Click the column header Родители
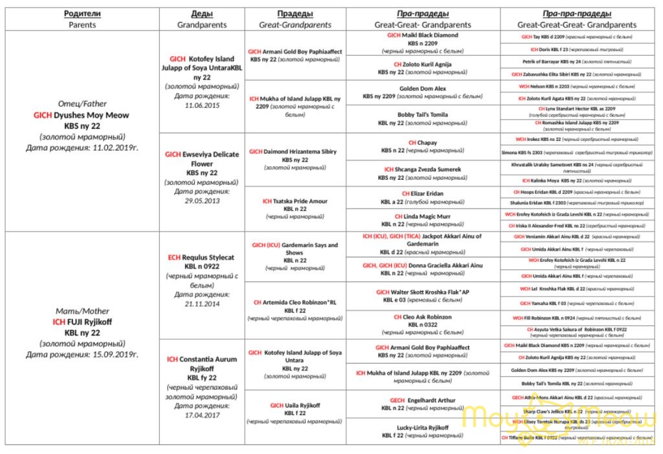pyautogui.click(x=82, y=14)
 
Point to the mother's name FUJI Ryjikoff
pyautogui.click(x=82, y=322)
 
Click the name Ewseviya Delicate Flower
pyautogui.click(x=201, y=159)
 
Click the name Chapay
pyautogui.click(x=423, y=142)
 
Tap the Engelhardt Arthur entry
pyautogui.click(x=423, y=400)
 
